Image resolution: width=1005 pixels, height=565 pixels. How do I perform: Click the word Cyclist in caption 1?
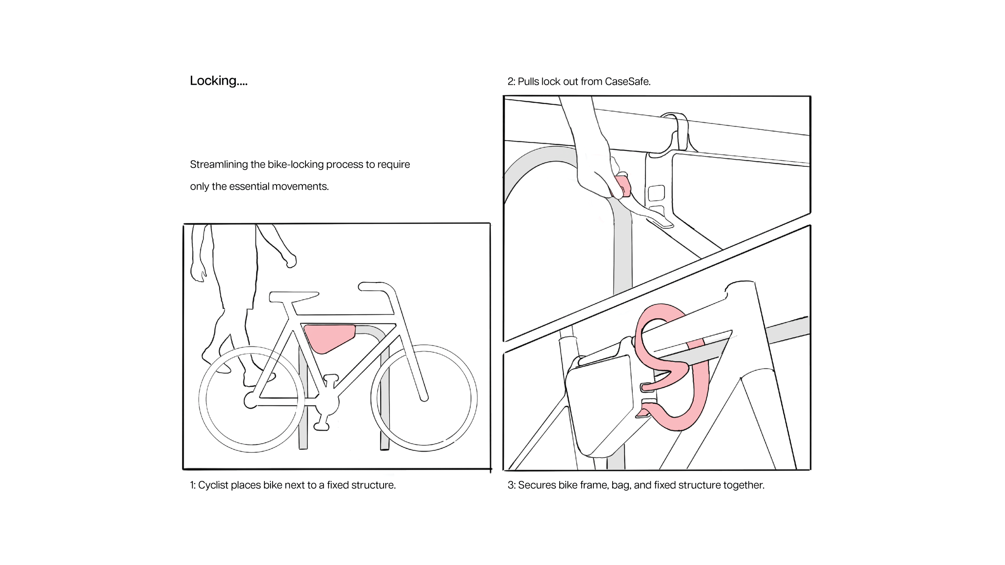click(213, 485)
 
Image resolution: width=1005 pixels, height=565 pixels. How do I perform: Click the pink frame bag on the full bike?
click(328, 337)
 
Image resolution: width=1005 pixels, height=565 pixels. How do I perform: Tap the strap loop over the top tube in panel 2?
click(679, 129)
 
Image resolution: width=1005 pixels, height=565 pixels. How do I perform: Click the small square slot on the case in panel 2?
click(656, 193)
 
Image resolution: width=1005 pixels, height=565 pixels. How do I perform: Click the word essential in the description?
click(249, 186)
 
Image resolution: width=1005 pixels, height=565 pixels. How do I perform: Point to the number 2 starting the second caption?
click(510, 82)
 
